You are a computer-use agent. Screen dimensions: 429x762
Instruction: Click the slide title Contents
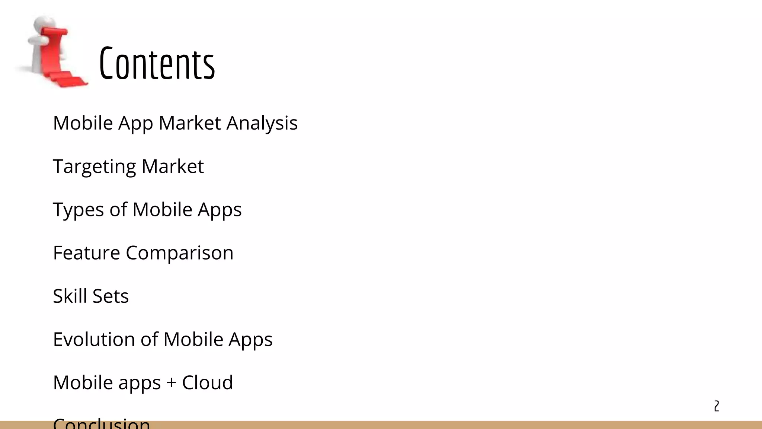coord(157,64)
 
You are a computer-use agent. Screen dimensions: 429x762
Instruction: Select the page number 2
coord(716,406)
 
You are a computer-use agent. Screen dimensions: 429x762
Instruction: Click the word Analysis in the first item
coord(262,123)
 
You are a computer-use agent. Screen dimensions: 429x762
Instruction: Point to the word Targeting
coord(95,166)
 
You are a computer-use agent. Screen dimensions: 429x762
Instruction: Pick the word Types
coord(78,210)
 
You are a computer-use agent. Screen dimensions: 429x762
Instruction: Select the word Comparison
coord(179,253)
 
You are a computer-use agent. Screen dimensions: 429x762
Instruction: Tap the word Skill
coord(70,296)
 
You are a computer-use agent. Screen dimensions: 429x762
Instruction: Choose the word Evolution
coord(94,339)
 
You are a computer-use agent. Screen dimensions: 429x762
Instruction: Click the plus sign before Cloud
coord(171,383)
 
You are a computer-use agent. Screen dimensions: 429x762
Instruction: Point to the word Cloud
coord(207,382)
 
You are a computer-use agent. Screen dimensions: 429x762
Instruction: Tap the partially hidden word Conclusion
coord(101,423)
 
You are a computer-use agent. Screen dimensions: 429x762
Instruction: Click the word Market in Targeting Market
coord(173,166)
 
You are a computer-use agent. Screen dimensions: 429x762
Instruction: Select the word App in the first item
coord(135,124)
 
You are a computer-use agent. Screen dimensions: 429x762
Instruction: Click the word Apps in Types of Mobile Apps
coord(220,210)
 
